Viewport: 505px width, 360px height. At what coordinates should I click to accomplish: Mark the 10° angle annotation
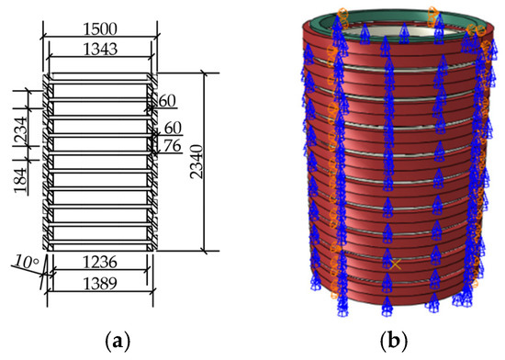coord(26,264)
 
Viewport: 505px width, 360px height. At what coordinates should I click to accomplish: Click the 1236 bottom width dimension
coord(99,263)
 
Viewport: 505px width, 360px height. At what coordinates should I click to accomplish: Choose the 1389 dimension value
coord(99,287)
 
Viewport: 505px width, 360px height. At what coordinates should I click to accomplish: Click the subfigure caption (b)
coord(396,341)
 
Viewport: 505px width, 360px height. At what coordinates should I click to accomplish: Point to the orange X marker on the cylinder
coord(395,264)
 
